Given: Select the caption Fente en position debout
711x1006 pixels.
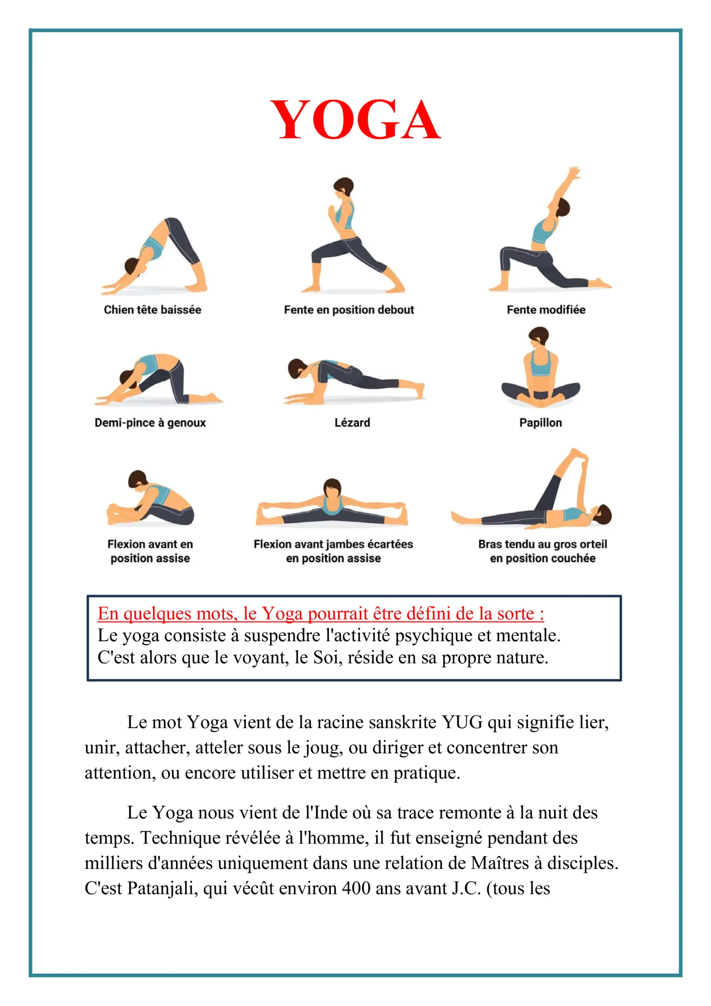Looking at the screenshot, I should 349,310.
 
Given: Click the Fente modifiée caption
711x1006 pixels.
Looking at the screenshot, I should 546,310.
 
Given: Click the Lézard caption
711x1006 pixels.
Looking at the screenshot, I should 352,422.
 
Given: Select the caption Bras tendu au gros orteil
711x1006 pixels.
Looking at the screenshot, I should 542,544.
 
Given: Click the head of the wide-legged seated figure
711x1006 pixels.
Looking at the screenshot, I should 332,488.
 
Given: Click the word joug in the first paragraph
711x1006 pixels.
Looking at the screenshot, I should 323,748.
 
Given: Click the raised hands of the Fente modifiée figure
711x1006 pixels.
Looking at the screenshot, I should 574,171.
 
